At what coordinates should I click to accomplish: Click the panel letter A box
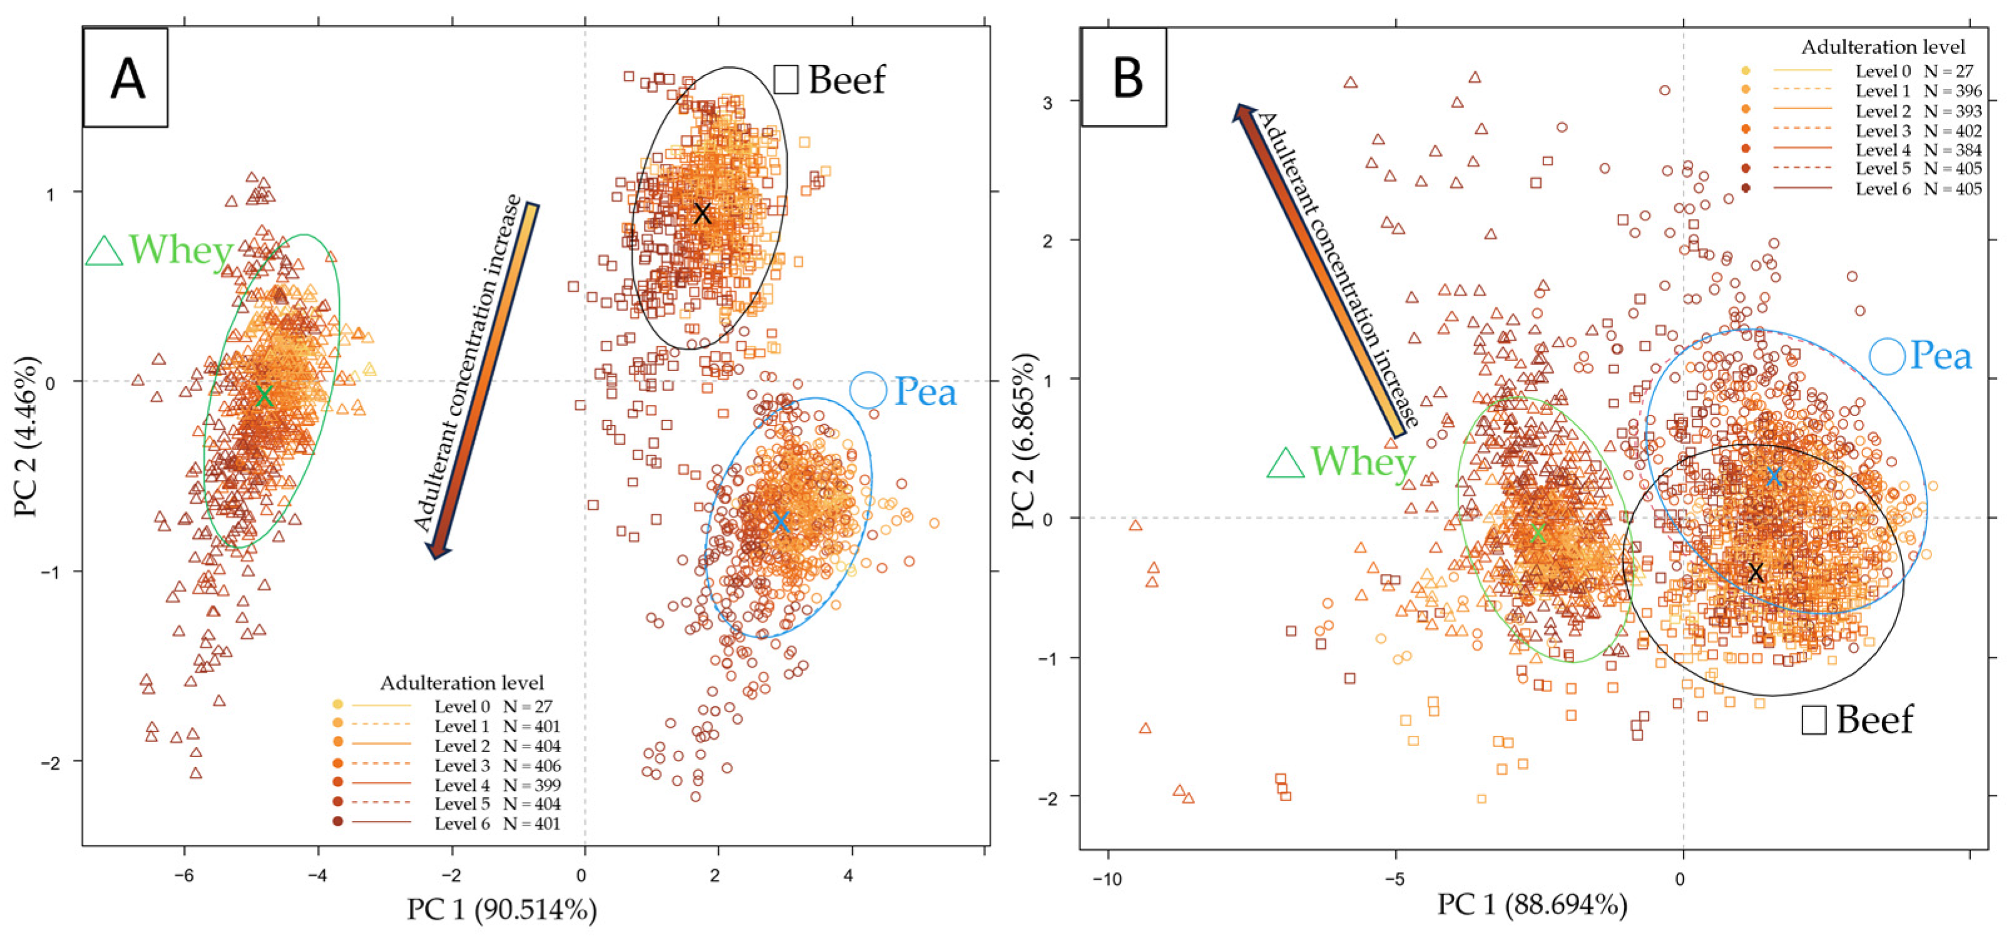(x=126, y=78)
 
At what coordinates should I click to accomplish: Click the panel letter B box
(x=1124, y=78)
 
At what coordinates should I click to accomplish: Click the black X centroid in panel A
(x=702, y=213)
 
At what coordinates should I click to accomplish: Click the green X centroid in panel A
(x=264, y=395)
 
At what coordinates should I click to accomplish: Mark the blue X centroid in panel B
(x=1774, y=475)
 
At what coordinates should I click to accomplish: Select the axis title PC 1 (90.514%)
(x=501, y=909)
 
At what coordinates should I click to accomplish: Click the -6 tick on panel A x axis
(x=184, y=875)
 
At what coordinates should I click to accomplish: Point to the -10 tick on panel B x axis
(x=1106, y=879)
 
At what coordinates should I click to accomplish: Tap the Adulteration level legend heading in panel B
(x=1883, y=47)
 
